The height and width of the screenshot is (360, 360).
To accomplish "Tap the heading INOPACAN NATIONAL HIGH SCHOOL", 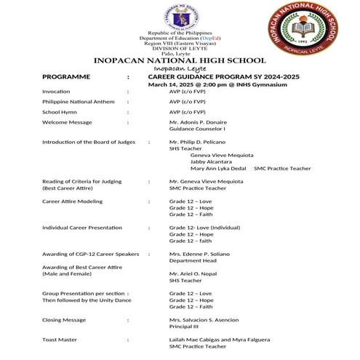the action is (180, 60).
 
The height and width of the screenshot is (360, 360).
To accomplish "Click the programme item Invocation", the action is (56, 92).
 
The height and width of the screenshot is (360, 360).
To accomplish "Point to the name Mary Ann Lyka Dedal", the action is (218, 168).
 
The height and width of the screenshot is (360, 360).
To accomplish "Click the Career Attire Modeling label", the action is (72, 201).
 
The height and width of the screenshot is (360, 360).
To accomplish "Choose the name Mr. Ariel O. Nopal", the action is (194, 273).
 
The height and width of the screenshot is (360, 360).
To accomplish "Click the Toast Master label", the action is (60, 340).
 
